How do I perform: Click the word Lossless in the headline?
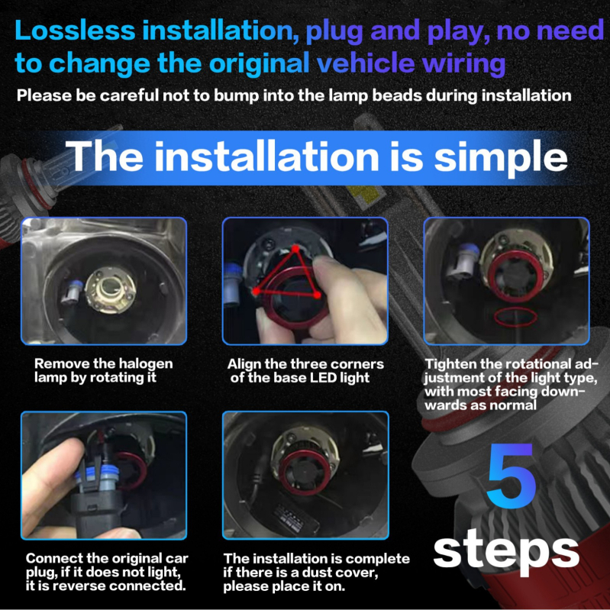click(76, 31)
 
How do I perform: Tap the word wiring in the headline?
click(463, 63)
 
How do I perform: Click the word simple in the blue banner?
click(501, 157)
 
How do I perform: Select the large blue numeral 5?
click(511, 476)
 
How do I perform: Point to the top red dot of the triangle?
click(295, 248)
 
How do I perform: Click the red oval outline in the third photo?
click(515, 317)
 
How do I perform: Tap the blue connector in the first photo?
click(72, 292)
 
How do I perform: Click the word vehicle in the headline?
click(366, 63)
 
